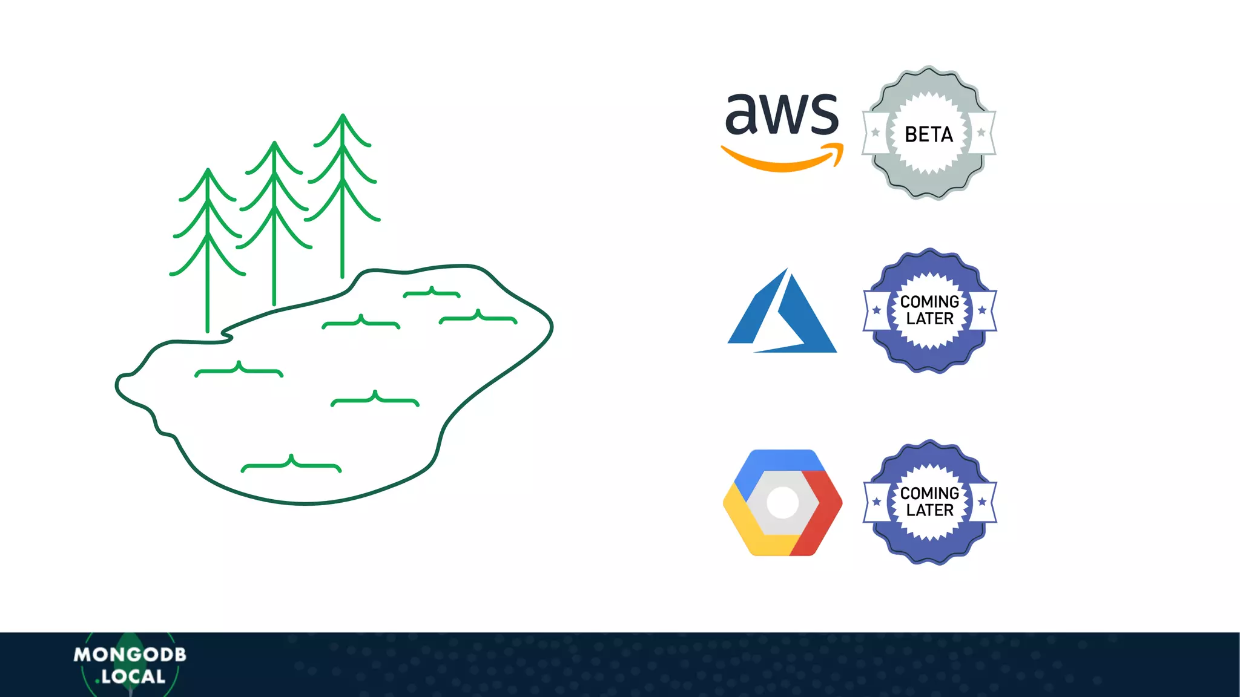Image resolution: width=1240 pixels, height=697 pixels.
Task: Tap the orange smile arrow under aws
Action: coord(782,160)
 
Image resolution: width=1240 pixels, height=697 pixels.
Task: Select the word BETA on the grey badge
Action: coord(928,134)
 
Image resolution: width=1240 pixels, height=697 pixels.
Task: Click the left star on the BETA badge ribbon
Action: coord(876,133)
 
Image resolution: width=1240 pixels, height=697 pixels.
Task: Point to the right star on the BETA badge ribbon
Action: coord(981,133)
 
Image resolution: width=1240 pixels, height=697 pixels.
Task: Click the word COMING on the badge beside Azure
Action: coord(929,301)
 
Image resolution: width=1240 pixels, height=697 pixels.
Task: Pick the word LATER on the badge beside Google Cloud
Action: coord(929,511)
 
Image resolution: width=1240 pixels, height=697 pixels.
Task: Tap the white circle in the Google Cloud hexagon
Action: coord(782,502)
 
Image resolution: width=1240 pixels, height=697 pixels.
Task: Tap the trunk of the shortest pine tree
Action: coord(208,290)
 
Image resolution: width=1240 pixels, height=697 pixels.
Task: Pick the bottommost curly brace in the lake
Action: coord(291,464)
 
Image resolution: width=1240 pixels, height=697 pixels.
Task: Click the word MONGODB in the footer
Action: coord(130,655)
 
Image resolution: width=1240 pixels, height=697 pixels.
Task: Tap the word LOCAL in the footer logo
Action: coord(133,676)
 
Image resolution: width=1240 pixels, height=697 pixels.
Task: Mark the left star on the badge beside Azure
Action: coord(876,310)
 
